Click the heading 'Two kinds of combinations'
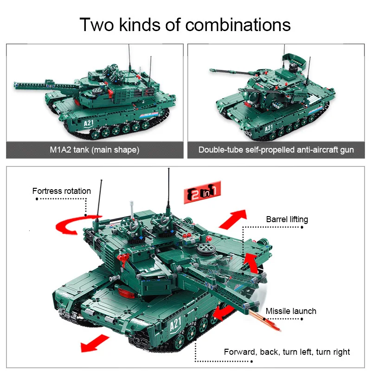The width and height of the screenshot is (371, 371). click(x=185, y=24)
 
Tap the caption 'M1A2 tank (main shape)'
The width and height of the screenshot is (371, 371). click(x=94, y=150)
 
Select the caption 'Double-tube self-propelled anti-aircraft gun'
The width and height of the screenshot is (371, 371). click(x=276, y=150)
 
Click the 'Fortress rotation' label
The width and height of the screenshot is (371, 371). click(x=62, y=191)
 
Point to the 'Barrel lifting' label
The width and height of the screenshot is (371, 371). click(x=287, y=219)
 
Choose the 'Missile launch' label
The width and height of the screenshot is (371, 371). click(x=291, y=311)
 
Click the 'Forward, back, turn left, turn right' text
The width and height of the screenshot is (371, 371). click(x=287, y=352)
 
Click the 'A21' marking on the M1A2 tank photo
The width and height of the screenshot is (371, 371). click(x=89, y=123)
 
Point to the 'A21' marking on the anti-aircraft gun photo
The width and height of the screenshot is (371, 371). click(x=269, y=128)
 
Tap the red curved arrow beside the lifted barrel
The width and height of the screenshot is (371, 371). click(x=250, y=264)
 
